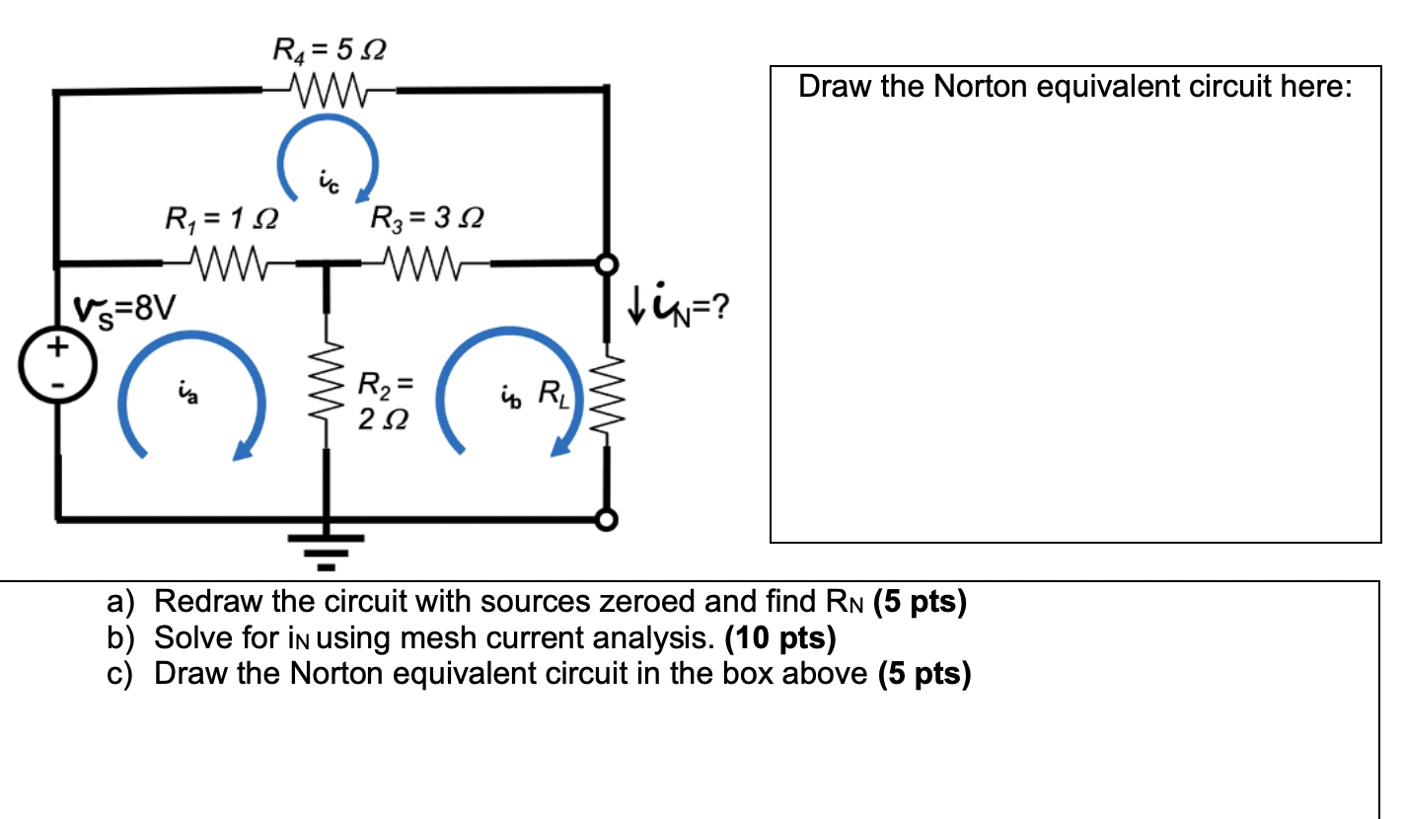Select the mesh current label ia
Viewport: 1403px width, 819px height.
click(x=186, y=395)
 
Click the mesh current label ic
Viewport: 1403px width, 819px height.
click(x=328, y=181)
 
